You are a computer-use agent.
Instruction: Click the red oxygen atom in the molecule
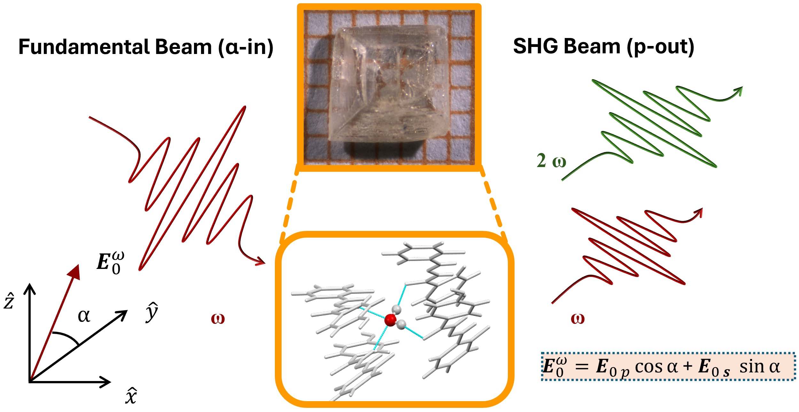390,320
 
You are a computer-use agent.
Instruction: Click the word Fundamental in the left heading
83,47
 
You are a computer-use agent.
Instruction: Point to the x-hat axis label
131,396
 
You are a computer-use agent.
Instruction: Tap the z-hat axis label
9,301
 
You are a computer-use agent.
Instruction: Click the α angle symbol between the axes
84,316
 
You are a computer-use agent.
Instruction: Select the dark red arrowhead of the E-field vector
74,271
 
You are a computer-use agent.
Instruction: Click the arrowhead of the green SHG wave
739,90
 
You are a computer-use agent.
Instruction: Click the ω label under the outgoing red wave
578,318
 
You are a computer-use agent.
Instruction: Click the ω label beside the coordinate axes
218,318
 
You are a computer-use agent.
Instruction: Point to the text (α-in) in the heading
246,48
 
